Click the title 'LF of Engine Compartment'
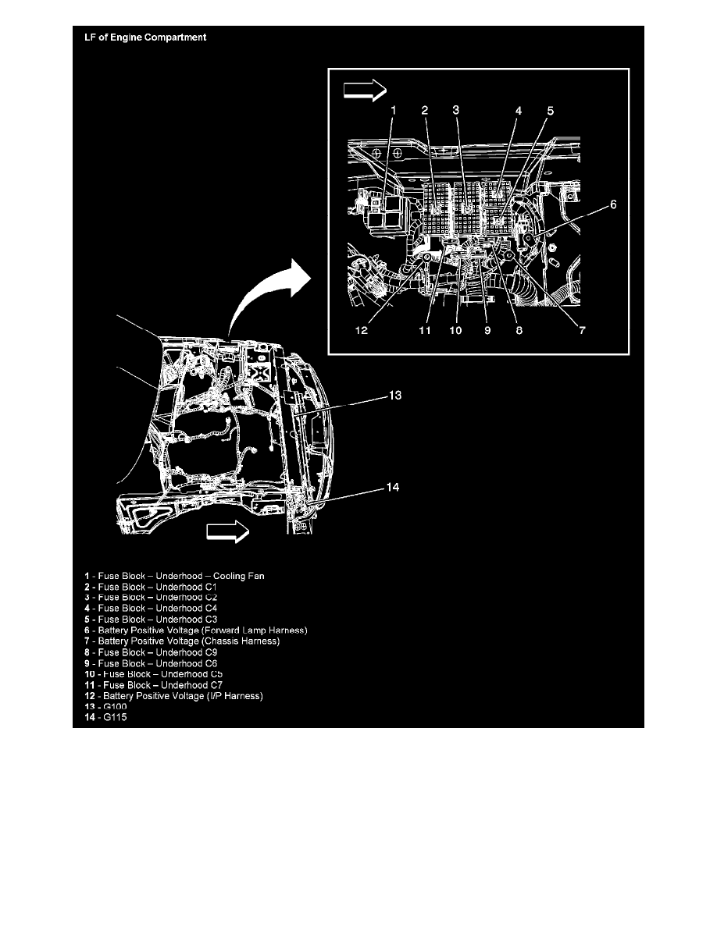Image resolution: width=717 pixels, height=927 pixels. click(x=145, y=37)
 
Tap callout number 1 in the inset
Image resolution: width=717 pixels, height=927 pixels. click(x=394, y=110)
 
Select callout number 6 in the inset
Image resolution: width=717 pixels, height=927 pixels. click(x=613, y=204)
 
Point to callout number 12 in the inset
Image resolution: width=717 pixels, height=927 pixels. click(x=362, y=330)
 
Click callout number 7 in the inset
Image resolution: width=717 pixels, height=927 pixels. click(x=582, y=330)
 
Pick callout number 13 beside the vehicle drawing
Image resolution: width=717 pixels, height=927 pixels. click(x=394, y=395)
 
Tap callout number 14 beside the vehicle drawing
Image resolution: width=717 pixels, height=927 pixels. click(x=393, y=487)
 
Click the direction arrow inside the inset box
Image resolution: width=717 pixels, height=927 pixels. click(x=365, y=91)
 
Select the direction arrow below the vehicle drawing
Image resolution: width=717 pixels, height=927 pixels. click(x=228, y=531)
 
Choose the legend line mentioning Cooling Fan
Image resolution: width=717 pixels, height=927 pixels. click(x=174, y=576)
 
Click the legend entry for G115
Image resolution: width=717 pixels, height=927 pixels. click(x=105, y=717)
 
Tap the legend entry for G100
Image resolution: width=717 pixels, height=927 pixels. click(x=105, y=706)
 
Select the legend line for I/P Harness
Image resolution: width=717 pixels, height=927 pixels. click(x=173, y=696)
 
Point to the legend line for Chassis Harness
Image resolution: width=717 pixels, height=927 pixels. click(x=182, y=641)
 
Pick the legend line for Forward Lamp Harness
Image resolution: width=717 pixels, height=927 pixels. click(x=196, y=630)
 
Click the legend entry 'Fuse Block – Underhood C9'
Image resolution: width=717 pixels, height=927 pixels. click(x=151, y=652)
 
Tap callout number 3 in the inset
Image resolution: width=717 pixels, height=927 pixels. click(x=455, y=110)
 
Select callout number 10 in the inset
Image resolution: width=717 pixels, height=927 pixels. click(x=455, y=330)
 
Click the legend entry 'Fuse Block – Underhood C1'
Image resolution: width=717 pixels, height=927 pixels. click(x=151, y=587)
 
